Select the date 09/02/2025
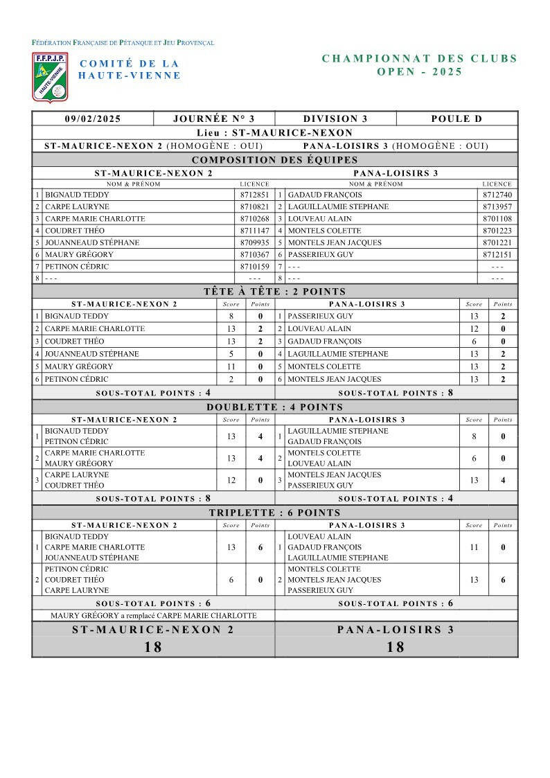pos(93,119)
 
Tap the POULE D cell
pos(456,119)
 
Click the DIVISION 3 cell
pos(335,119)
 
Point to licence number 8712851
pos(254,195)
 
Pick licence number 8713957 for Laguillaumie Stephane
pos(497,207)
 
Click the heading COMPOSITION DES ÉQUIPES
pos(275,160)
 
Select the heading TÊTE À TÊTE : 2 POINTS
pos(275,292)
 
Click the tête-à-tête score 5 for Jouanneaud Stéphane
pos(231,354)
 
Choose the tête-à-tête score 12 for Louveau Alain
pos(474,329)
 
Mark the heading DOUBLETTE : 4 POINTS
pos(275,407)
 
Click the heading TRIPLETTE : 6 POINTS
pos(275,513)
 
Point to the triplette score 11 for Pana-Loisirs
pos(474,547)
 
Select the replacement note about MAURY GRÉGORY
pos(153,615)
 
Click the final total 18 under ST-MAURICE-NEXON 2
pos(153,647)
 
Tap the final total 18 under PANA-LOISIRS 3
pos(396,647)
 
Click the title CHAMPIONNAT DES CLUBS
pos(420,59)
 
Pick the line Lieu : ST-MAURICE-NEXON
pos(275,132)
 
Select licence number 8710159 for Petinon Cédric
pos(254,267)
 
